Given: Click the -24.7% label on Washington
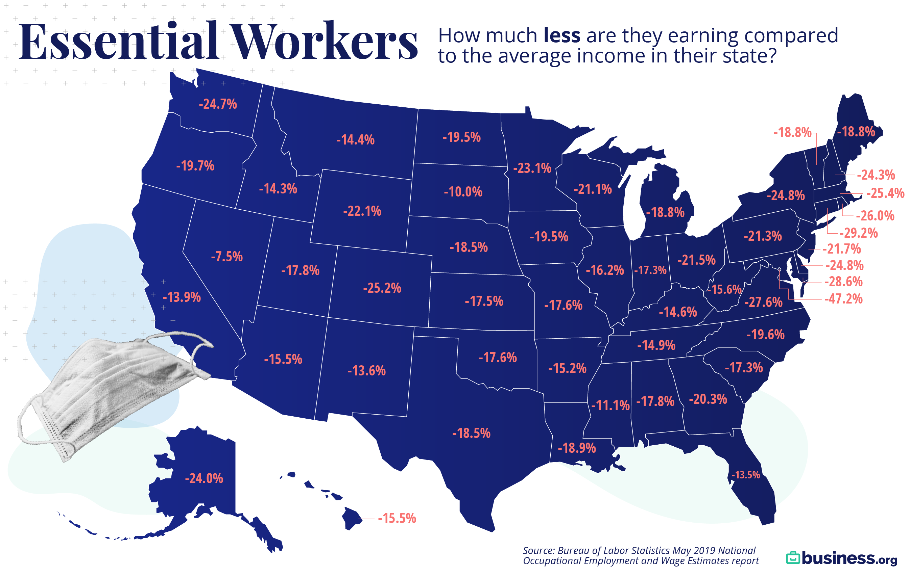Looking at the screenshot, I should pos(218,104).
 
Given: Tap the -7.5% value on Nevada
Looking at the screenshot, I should pos(226,257).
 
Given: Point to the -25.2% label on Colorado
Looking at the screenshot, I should pos(382,288).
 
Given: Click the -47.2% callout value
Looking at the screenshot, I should pos(843,299).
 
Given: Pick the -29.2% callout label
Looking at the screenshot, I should pos(858,233).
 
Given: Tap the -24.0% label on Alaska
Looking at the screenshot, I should pos(204,478).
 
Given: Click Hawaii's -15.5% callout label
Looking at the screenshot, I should pos(397,518).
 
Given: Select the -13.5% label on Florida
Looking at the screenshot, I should pos(745,475).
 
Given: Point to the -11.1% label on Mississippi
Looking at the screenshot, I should pos(610,405).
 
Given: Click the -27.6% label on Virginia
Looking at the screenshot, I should pos(763,302).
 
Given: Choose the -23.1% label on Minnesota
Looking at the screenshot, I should pos(532,168).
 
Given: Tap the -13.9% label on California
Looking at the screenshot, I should pos(182,297).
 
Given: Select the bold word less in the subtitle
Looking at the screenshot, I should pos(561,35).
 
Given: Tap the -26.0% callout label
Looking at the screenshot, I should pos(875,216).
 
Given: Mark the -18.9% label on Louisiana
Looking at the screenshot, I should pos(577,448).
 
